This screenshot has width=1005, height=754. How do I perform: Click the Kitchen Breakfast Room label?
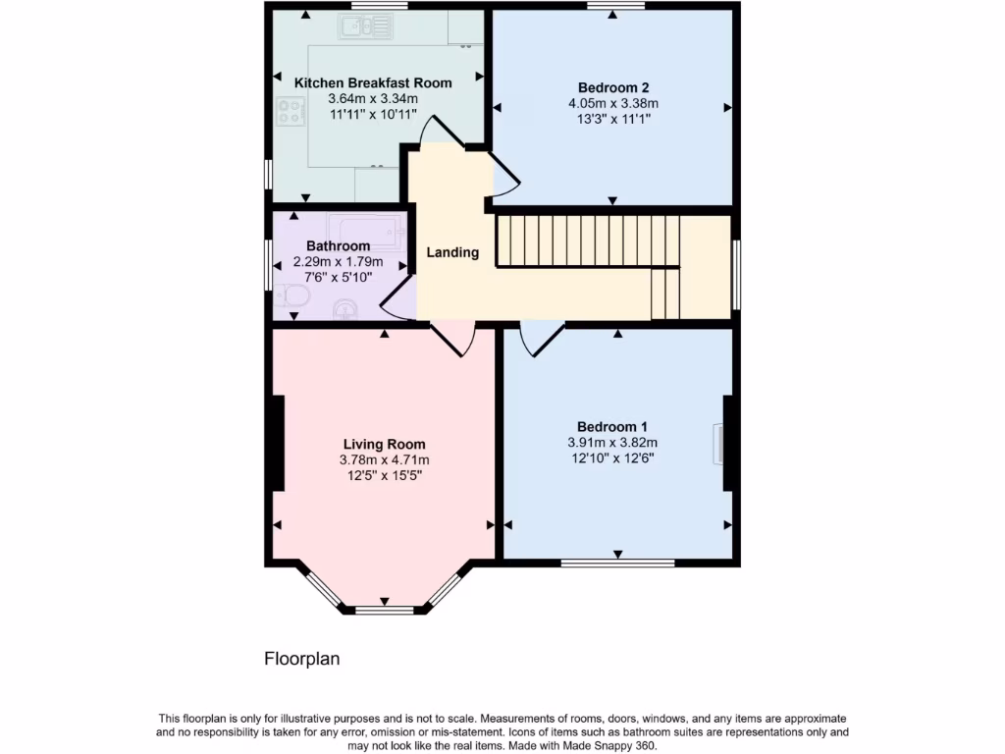(373, 83)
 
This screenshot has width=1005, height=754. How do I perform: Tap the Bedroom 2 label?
(612, 86)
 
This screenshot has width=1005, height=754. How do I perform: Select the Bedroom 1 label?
(612, 426)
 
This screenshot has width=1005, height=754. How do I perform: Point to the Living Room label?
(384, 444)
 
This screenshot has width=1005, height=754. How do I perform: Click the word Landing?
(452, 252)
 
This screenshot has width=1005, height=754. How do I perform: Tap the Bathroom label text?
(338, 245)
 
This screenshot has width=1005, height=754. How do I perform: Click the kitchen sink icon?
(365, 27)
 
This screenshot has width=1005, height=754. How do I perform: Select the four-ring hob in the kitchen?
(291, 112)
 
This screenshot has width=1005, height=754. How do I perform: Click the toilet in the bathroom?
(289, 296)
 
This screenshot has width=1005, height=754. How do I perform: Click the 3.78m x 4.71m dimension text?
(384, 459)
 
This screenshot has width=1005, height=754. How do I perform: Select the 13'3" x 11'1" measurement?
(612, 118)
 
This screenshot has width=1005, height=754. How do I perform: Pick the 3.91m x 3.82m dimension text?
(612, 442)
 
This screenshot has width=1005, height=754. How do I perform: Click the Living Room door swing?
(452, 338)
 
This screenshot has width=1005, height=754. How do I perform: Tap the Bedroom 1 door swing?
(540, 338)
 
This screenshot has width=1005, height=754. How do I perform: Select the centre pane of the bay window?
(384, 610)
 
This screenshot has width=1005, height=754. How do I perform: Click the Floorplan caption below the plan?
(301, 659)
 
